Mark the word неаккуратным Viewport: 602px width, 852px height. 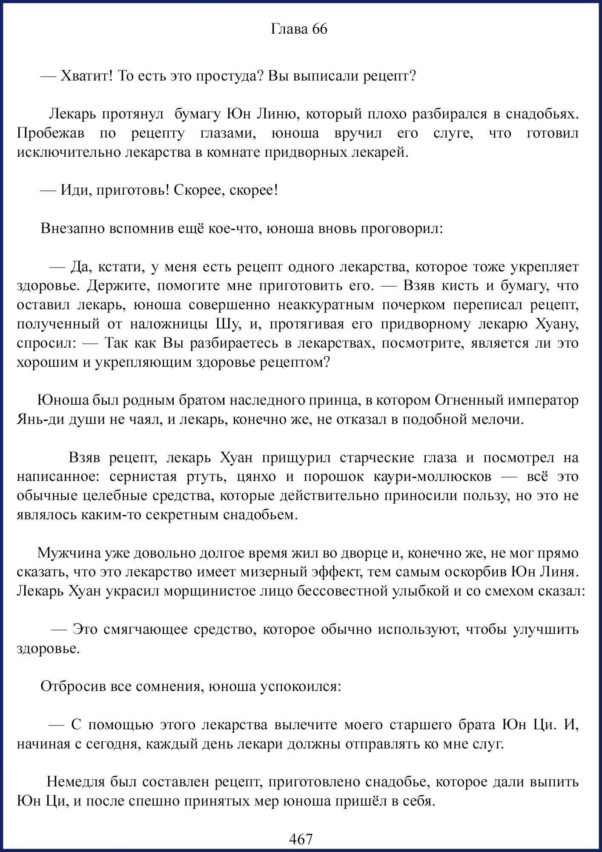click(x=326, y=305)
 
